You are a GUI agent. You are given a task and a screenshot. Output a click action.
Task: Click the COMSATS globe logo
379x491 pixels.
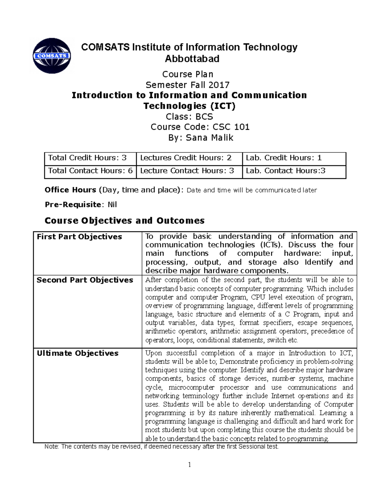pos(52,56)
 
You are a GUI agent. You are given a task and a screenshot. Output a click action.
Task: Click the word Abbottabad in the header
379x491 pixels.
pos(192,59)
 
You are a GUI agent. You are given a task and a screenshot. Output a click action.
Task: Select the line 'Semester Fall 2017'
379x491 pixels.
pos(188,85)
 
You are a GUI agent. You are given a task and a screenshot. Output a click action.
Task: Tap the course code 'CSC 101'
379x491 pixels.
pos(231,127)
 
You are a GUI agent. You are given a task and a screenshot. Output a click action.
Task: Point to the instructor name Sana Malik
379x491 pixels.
pos(209,138)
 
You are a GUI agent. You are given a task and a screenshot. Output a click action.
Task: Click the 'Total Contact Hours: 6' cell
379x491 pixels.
pos(90,171)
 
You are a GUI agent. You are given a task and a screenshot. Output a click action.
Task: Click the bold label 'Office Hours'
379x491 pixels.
pos(70,190)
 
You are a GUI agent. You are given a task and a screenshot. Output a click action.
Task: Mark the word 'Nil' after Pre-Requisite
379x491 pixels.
pos(112,205)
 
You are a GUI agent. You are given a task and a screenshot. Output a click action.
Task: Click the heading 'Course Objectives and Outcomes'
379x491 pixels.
pos(124,220)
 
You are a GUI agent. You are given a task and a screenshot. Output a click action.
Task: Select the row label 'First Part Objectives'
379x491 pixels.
pos(79,237)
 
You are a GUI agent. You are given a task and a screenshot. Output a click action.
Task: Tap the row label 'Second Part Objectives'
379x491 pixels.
pos(85,280)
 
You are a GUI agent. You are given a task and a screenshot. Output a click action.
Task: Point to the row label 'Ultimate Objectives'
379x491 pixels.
pos(77,353)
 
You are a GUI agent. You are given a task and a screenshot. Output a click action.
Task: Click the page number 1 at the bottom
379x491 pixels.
pos(189,464)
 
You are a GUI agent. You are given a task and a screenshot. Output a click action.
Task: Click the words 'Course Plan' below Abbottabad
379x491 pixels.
pos(188,74)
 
